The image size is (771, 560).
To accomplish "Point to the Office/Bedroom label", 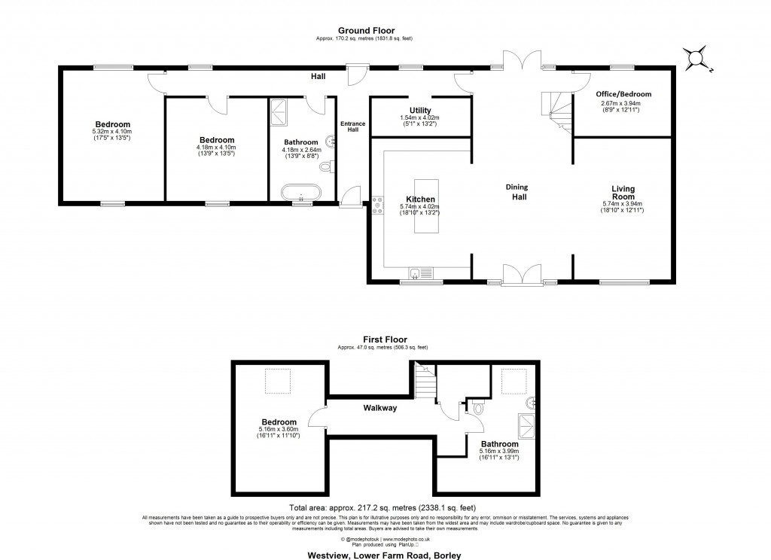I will pyautogui.click(x=623, y=94).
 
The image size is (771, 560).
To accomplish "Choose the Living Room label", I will pyautogui.click(x=623, y=193).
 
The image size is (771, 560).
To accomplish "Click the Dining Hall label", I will pyautogui.click(x=517, y=192).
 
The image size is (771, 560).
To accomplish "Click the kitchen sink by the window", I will pyautogui.click(x=420, y=273).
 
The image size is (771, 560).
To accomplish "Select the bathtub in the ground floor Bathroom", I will pyautogui.click(x=302, y=193).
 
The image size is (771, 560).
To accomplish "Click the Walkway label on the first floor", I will pyautogui.click(x=380, y=408).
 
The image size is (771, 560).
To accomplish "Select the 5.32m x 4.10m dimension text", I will pyautogui.click(x=112, y=132).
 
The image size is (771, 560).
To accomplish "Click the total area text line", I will pyautogui.click(x=382, y=508).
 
